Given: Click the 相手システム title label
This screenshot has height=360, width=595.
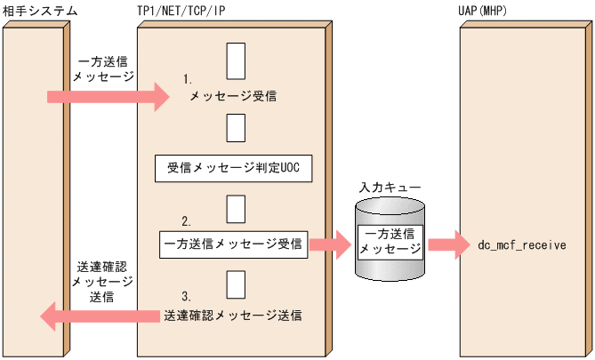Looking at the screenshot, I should click(40, 11).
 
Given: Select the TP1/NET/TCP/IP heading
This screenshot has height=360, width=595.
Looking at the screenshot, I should click(181, 11).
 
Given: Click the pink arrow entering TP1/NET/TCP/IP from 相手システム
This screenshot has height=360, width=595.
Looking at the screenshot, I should click(108, 96).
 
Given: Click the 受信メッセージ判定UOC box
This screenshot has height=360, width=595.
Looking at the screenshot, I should click(234, 168).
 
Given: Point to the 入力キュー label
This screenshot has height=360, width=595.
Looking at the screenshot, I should click(390, 188).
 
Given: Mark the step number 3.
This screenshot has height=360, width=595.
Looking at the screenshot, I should click(187, 295).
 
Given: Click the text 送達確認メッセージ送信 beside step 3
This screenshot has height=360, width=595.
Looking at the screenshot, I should click(233, 315).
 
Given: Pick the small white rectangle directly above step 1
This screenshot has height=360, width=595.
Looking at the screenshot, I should click(236, 60).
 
